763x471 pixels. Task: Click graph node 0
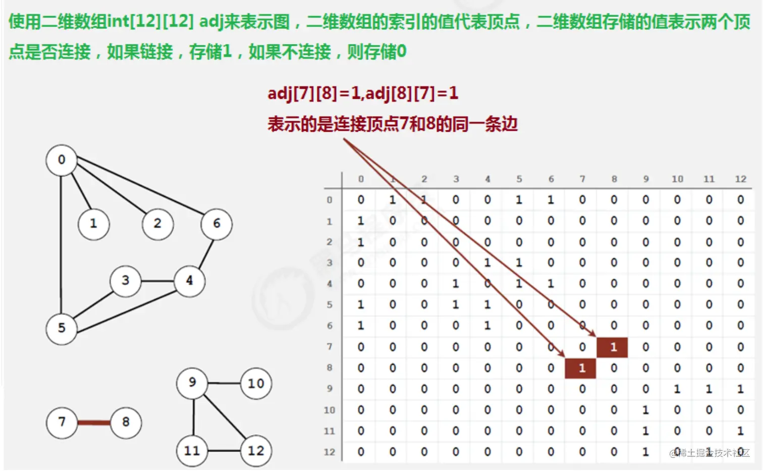point(62,160)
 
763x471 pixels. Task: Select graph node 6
point(216,224)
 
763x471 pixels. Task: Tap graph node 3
point(126,280)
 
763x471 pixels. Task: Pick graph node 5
point(62,328)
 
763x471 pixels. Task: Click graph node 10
point(256,384)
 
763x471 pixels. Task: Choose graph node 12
point(256,450)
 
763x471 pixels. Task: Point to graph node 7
point(62,422)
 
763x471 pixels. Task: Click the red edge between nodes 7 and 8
point(94,423)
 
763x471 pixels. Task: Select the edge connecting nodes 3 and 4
point(157,281)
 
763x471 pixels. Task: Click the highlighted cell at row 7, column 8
point(613,347)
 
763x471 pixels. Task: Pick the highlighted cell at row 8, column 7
point(581,368)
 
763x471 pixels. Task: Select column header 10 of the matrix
point(677,179)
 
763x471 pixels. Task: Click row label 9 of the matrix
point(330,389)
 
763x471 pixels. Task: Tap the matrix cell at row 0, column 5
point(519,200)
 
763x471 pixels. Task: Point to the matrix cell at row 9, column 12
point(740,389)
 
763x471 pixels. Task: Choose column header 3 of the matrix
point(456,179)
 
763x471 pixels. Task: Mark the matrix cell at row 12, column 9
point(645,452)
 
